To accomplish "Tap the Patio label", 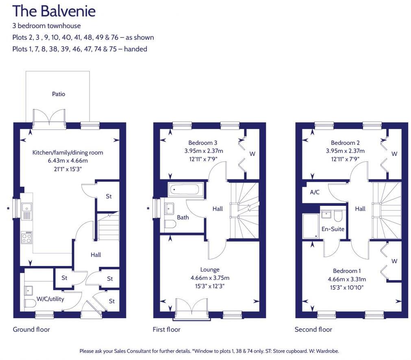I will [59, 94].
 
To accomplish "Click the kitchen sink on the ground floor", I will [27, 209].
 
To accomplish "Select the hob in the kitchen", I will [27, 237].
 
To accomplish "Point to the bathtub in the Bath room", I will [185, 189].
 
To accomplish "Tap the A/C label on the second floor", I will [315, 192].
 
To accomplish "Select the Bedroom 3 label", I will [202, 143].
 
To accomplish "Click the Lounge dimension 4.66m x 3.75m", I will [210, 278].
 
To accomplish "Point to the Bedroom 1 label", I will [347, 271].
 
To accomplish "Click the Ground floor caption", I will [31, 329].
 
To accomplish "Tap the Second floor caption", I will [313, 329].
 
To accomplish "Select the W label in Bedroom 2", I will [394, 154].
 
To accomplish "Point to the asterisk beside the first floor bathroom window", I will [148, 209].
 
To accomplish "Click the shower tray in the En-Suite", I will [311, 226].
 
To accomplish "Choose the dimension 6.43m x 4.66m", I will [67, 161].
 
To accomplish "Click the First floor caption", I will [166, 329].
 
